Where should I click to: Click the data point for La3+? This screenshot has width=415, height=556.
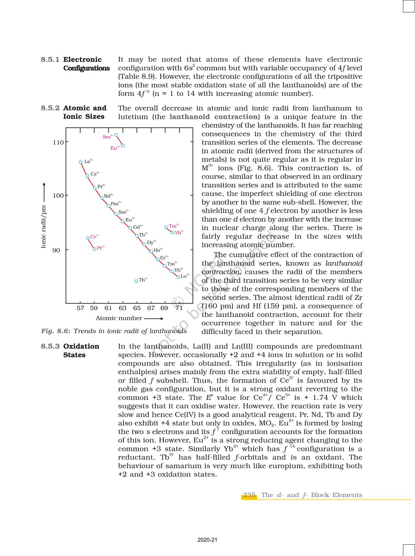click(x=81, y=162)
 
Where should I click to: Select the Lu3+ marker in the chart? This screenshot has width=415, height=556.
click(x=178, y=277)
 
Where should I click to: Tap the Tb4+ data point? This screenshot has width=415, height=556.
click(x=136, y=281)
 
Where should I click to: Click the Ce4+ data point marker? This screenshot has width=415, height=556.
click(x=88, y=238)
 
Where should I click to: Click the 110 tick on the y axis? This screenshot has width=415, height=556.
click(x=59, y=142)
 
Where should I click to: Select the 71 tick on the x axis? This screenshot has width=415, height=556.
click(x=179, y=308)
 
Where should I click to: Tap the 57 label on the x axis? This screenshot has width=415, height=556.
click(x=80, y=308)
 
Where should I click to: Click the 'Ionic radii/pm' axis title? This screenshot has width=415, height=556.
click(x=44, y=226)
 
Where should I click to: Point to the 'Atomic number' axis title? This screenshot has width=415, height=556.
click(x=119, y=318)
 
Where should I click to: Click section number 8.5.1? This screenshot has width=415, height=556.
click(x=50, y=60)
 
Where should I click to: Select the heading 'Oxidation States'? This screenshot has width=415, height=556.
click(x=81, y=350)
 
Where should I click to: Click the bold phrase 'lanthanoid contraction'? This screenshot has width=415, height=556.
click(x=214, y=117)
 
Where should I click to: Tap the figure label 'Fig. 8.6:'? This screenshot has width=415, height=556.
click(x=56, y=331)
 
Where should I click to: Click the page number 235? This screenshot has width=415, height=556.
click(x=249, y=495)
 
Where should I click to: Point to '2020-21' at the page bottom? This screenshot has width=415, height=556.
click(x=207, y=540)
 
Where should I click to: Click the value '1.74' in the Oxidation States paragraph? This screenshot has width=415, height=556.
click(x=320, y=398)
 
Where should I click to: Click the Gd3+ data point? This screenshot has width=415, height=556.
click(x=130, y=228)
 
